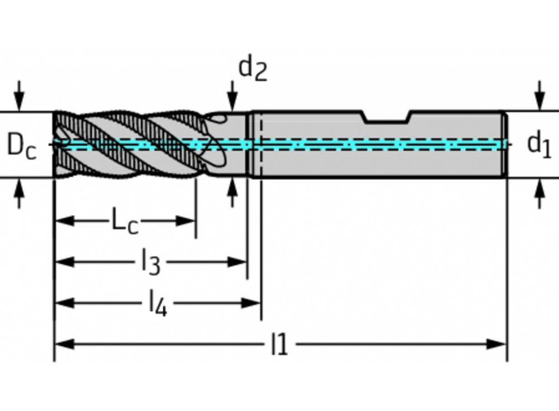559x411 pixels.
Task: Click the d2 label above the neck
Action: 253,68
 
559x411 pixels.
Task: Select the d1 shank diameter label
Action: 539,144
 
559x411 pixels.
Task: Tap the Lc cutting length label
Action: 124,221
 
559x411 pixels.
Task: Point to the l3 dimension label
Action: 150,261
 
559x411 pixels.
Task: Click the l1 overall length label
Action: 279,345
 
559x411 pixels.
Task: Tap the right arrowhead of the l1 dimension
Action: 497,344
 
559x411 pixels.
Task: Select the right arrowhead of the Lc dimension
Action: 186,221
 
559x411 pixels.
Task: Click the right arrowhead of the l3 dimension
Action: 238,261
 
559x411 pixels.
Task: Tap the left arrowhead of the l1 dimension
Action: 64,344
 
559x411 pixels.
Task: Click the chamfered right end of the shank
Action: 505,145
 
